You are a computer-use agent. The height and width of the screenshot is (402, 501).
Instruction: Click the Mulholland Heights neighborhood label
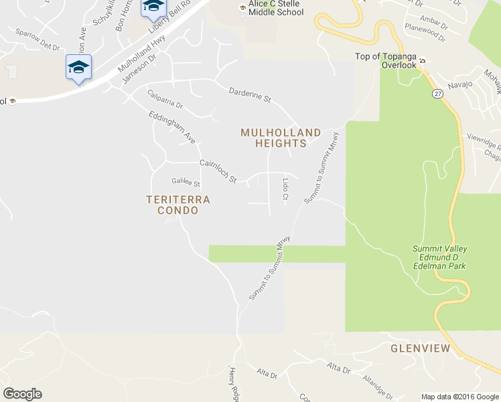[281, 138]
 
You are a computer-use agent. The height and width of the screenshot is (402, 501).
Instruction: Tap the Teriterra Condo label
[178, 205]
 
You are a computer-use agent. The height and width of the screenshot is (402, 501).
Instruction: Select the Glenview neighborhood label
[421, 348]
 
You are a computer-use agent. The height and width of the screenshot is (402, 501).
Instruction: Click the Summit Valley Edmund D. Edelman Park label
[439, 257]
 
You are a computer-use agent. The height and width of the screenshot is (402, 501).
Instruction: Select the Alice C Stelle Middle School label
[276, 8]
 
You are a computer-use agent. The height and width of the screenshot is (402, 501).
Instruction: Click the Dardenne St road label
[249, 95]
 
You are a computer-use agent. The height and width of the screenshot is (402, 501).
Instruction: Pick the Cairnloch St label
[218, 171]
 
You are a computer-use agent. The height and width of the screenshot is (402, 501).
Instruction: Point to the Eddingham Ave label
[171, 127]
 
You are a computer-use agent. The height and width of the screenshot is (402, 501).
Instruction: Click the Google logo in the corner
[22, 394]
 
